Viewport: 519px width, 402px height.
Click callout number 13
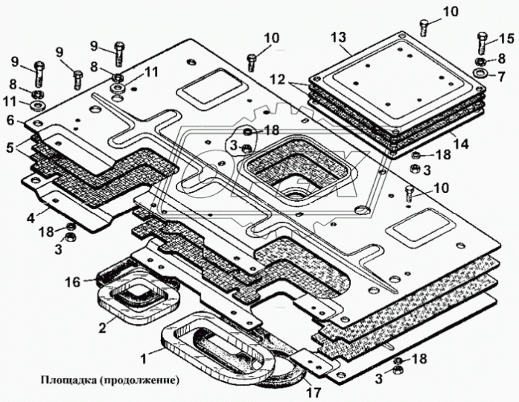pos(340,38)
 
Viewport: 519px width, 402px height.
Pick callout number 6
pos(10,120)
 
